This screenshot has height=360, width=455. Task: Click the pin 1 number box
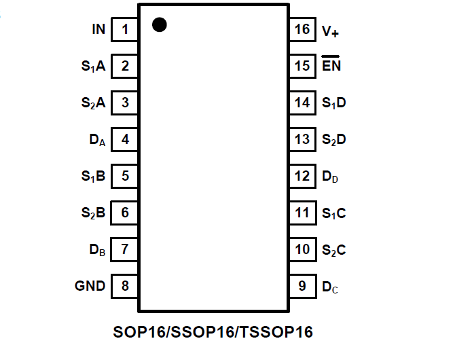click(125, 30)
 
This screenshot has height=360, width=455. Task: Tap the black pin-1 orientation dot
click(160, 25)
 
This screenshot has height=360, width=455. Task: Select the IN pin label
click(98, 30)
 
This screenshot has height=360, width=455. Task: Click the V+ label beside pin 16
click(331, 31)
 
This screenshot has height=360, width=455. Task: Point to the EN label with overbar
click(331, 66)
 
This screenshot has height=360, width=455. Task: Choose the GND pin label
click(90, 286)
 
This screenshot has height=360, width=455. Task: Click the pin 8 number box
click(125, 286)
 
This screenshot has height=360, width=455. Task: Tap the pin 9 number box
click(302, 286)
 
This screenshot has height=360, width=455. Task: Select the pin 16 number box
click(302, 30)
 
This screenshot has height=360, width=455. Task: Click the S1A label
click(93, 67)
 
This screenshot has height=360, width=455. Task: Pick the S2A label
click(93, 103)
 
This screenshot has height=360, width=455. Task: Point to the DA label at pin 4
click(97, 141)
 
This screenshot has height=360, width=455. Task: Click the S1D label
click(334, 103)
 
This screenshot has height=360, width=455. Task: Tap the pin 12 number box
click(302, 177)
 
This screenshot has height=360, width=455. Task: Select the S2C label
click(334, 250)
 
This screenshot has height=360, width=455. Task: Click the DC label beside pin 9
click(330, 287)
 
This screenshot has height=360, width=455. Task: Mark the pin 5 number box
click(125, 177)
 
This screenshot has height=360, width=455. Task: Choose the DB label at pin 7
click(97, 250)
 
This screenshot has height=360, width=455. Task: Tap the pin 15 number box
click(302, 67)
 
